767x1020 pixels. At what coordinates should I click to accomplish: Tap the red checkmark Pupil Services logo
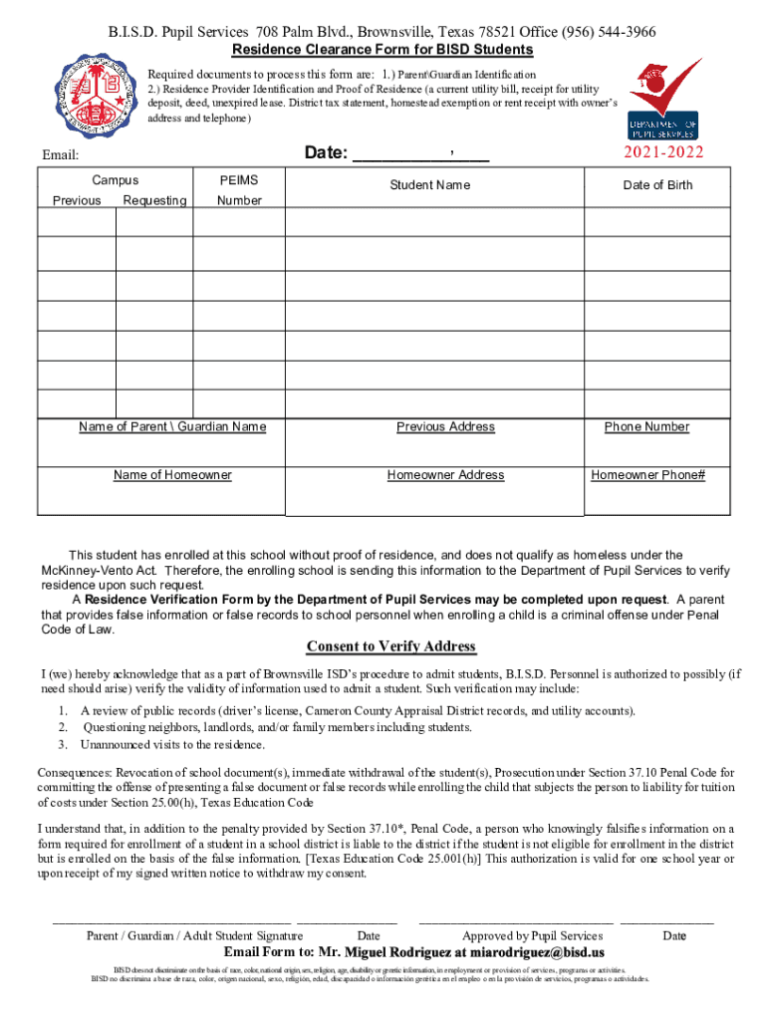(x=662, y=100)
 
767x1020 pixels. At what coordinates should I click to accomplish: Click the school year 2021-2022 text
(x=663, y=152)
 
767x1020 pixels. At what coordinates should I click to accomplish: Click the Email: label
(x=60, y=155)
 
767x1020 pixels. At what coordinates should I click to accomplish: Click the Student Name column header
(x=429, y=185)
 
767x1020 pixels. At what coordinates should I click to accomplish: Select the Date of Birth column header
(x=657, y=185)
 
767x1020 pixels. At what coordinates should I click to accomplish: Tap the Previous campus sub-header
(x=77, y=200)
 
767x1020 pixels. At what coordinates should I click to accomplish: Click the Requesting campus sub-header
(x=154, y=200)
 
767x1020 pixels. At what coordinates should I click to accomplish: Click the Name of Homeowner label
(x=172, y=475)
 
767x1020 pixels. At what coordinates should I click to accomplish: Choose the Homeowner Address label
(x=445, y=475)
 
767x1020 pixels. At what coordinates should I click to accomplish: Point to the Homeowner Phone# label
(x=647, y=475)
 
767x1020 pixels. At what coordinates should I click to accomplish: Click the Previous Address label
(x=445, y=427)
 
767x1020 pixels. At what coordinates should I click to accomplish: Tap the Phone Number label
(x=646, y=427)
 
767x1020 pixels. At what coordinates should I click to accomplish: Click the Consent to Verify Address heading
(x=390, y=646)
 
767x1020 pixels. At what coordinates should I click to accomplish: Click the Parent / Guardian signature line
(x=170, y=921)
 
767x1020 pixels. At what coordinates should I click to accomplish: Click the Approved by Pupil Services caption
(x=532, y=936)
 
